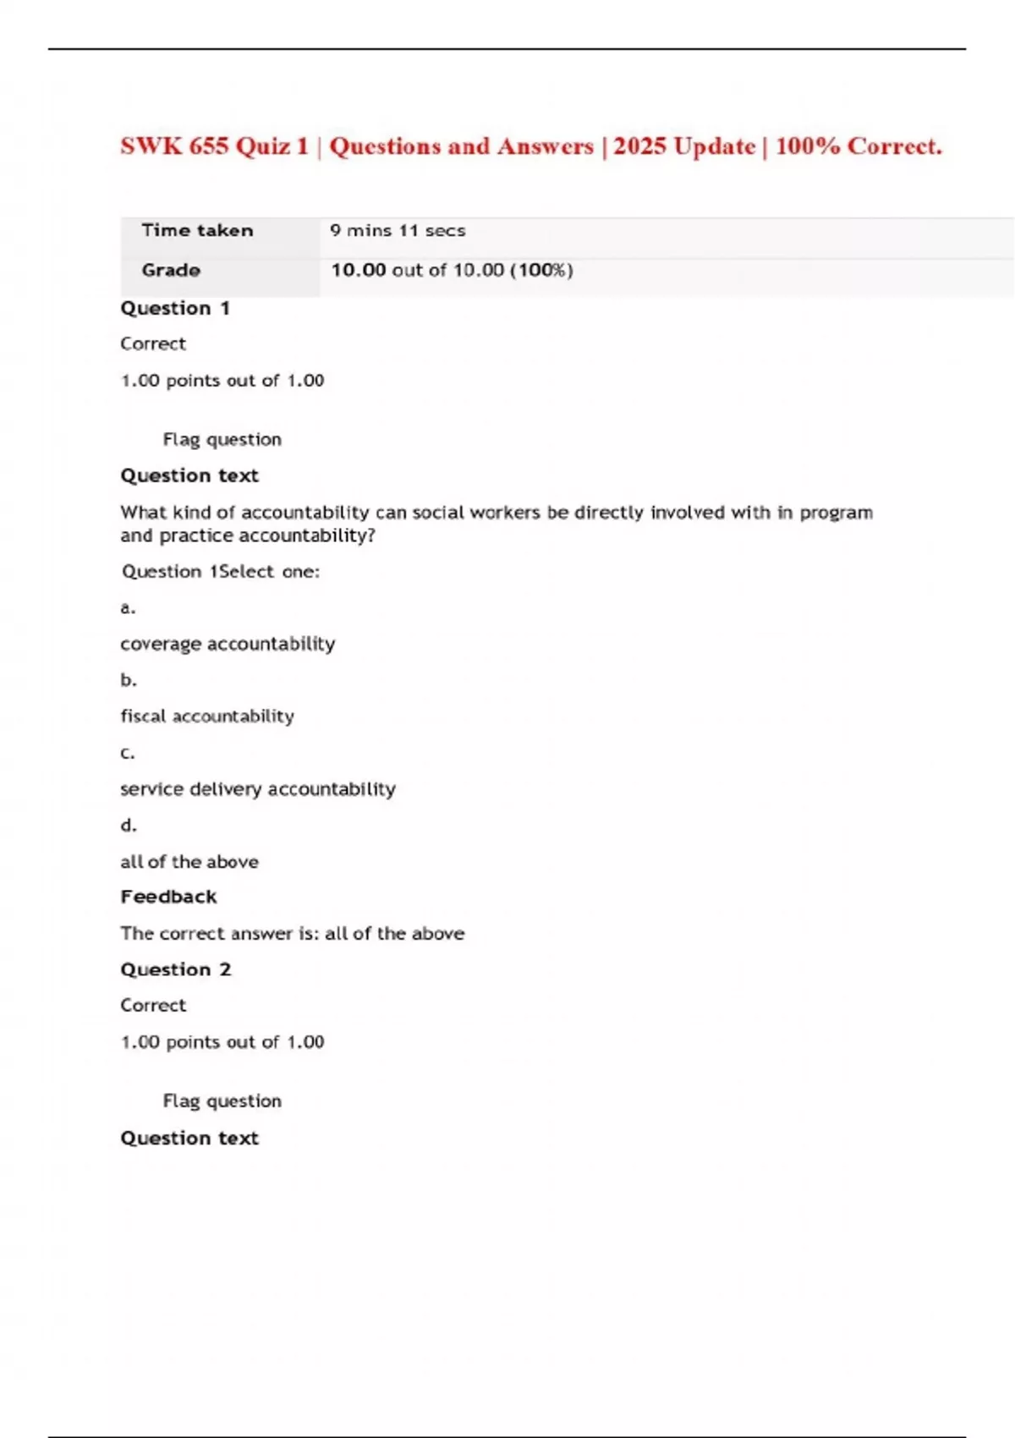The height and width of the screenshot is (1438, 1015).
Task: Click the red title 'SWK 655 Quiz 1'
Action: click(214, 146)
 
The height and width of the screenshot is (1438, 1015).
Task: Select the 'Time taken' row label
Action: click(197, 231)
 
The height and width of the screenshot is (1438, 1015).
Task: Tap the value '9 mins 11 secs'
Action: click(398, 231)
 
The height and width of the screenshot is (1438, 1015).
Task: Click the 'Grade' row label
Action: click(171, 271)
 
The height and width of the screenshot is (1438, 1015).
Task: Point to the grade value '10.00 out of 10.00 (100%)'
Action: click(452, 271)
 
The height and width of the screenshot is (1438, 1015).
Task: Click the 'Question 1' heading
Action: click(175, 309)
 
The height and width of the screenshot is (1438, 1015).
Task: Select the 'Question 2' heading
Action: click(175, 970)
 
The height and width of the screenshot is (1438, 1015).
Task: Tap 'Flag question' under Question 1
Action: click(222, 440)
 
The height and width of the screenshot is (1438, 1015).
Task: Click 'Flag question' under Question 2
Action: click(222, 1101)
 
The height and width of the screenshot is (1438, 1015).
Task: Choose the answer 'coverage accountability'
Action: click(228, 645)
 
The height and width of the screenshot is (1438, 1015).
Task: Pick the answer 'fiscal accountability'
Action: click(207, 716)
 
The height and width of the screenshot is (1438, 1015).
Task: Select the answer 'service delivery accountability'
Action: click(258, 789)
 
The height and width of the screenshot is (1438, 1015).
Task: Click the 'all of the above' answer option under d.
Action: click(189, 862)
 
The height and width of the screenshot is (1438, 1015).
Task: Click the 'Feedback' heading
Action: click(168, 897)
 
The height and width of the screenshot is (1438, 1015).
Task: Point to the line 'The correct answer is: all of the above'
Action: click(292, 934)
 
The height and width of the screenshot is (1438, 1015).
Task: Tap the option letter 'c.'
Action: click(128, 753)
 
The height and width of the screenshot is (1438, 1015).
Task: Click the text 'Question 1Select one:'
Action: click(221, 572)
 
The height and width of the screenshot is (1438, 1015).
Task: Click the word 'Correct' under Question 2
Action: click(153, 1006)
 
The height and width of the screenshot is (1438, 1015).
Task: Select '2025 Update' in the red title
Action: click(684, 146)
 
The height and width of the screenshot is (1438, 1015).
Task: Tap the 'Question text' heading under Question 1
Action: click(189, 476)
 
